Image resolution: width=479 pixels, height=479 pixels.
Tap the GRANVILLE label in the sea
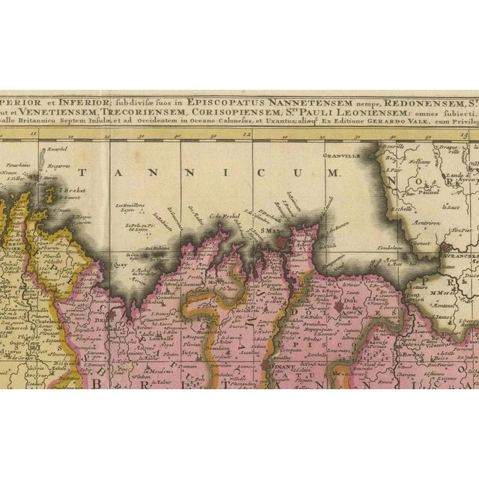[341, 156]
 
